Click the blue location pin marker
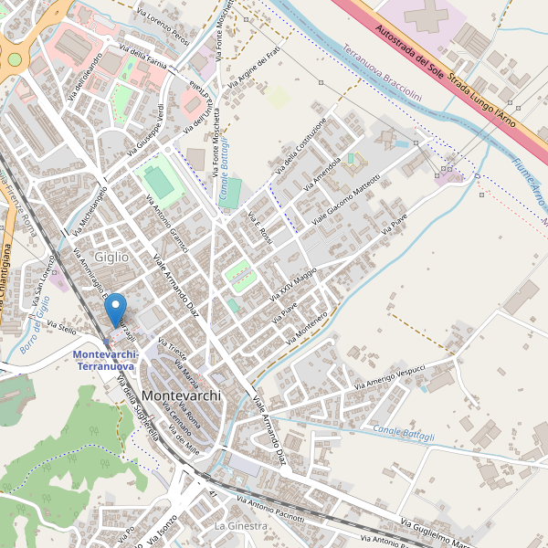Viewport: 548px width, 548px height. (x=116, y=312)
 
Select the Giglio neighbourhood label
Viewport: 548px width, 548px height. (x=111, y=258)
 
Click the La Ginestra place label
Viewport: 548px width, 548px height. (x=240, y=527)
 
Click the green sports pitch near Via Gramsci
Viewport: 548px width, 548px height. (x=160, y=182)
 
